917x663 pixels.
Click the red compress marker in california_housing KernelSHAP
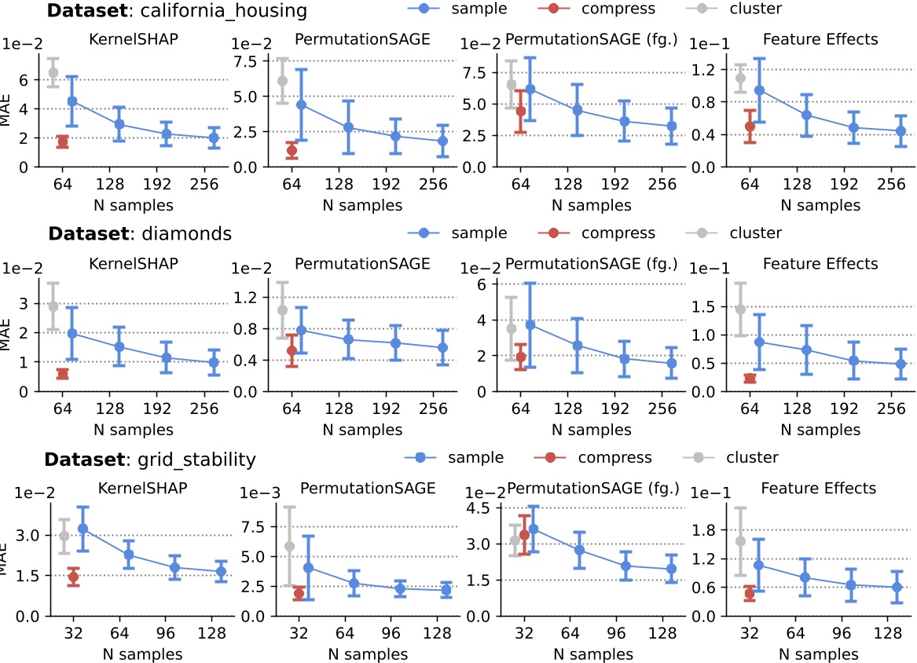pos(62,141)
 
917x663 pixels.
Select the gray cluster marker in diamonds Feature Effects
pos(740,309)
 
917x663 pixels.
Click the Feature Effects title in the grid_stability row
pos(820,489)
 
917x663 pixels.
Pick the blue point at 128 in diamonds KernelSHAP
pos(119,346)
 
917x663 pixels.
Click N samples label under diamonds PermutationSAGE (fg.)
pos(591,430)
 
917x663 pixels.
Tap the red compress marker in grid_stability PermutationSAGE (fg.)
pos(525,535)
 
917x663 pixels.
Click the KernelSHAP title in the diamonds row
pos(133,263)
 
